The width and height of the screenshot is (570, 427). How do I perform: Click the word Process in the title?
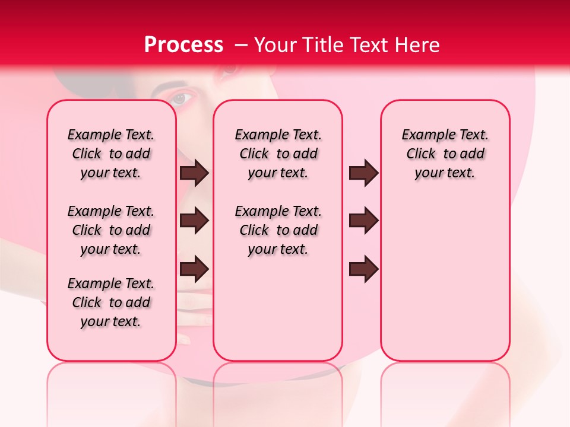pyautogui.click(x=183, y=45)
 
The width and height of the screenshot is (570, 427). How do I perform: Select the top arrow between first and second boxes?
pyautogui.click(x=194, y=173)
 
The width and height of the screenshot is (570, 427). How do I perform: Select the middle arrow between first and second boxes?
pyautogui.click(x=194, y=221)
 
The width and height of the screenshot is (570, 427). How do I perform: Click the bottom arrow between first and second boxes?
pyautogui.click(x=194, y=269)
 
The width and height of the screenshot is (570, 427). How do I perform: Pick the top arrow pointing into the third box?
pyautogui.click(x=363, y=173)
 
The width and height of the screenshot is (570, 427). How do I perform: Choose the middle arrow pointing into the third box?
pyautogui.click(x=363, y=221)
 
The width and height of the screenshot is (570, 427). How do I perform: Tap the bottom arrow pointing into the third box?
pyautogui.click(x=363, y=269)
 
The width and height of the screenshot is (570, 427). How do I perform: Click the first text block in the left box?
pyautogui.click(x=111, y=154)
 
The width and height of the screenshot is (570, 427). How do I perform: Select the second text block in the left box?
pyautogui.click(x=111, y=230)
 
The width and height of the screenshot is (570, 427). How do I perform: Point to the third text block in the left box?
pyautogui.click(x=111, y=302)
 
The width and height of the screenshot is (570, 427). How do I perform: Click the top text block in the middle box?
pyautogui.click(x=278, y=154)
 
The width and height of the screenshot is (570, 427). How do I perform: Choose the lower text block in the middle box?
pyautogui.click(x=278, y=230)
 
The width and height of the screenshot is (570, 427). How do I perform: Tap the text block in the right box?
pyautogui.click(x=445, y=154)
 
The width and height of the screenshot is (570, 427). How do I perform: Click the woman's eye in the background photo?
pyautogui.click(x=182, y=98)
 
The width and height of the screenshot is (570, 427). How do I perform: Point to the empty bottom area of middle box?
pyautogui.click(x=278, y=314)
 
